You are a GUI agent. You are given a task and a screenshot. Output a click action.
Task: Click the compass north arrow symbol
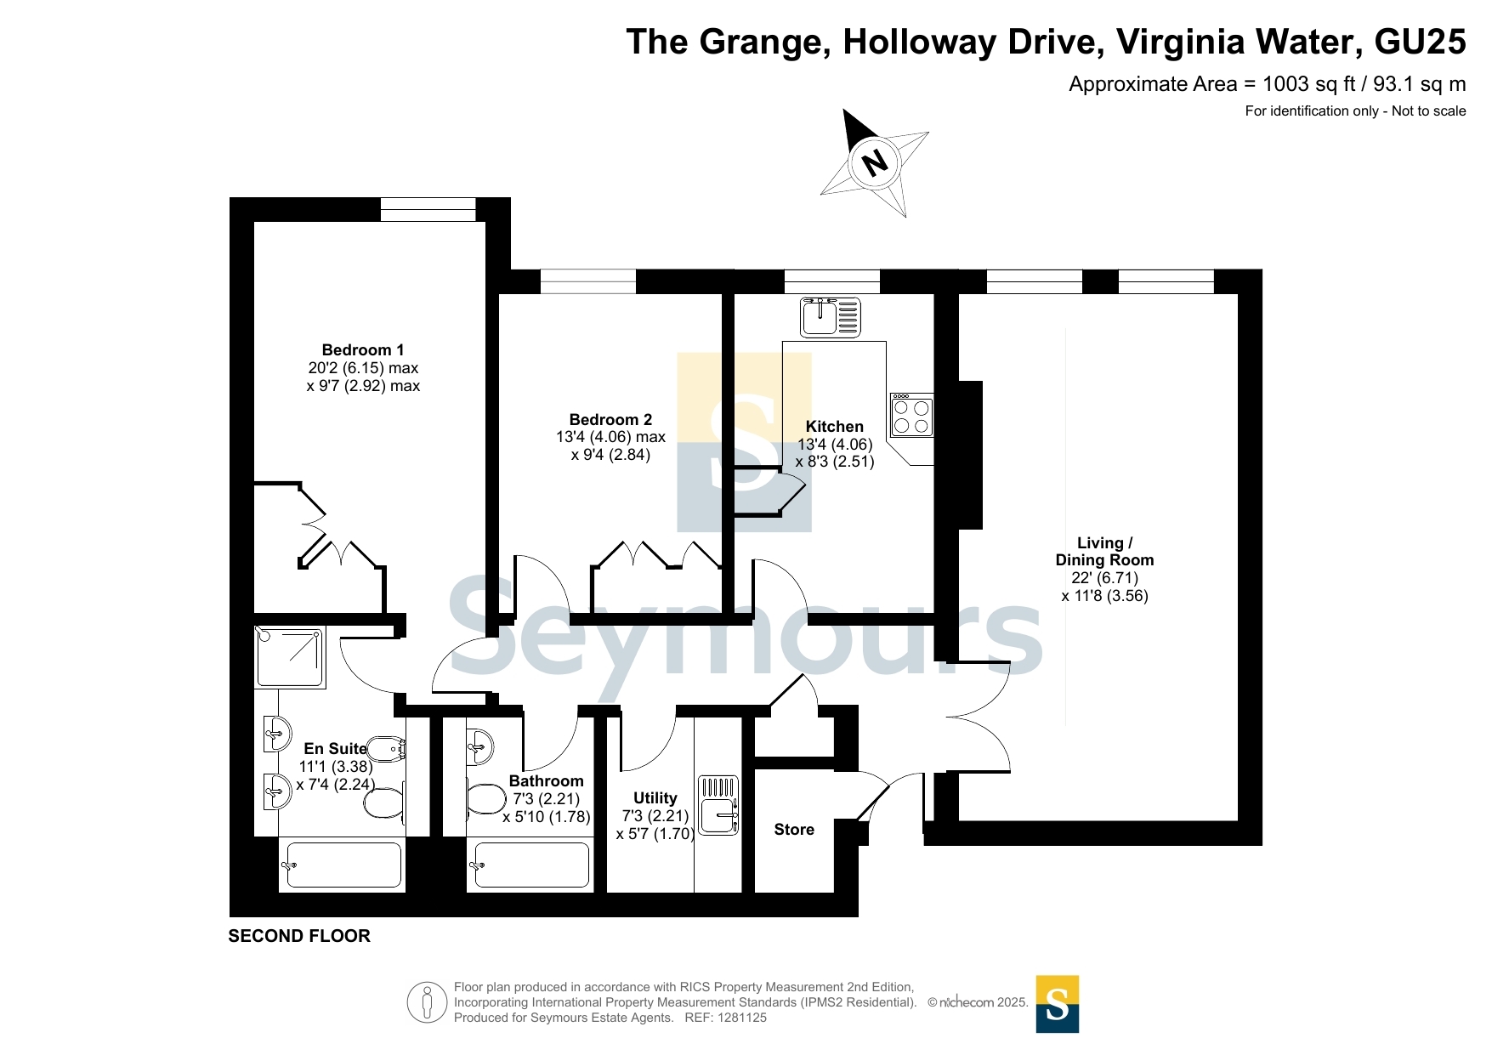(875, 162)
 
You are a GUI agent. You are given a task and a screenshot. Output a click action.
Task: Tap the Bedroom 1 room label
(363, 350)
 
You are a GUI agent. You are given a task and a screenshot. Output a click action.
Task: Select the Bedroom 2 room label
(610, 420)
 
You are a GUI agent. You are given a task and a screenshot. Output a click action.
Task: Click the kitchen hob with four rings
(911, 415)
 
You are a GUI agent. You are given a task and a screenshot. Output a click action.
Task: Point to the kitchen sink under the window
(831, 317)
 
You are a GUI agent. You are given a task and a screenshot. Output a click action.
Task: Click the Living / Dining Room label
(1104, 552)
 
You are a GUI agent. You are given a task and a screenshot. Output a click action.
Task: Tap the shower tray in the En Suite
(290, 657)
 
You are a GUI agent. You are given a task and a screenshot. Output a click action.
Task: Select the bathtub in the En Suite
(343, 865)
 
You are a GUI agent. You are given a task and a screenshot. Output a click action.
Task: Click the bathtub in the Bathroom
(530, 865)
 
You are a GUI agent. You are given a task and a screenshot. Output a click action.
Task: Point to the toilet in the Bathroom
(486, 799)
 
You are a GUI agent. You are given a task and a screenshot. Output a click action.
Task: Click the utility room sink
(718, 804)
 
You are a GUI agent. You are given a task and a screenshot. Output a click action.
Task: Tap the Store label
(794, 830)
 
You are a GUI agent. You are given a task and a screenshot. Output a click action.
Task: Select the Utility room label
(655, 798)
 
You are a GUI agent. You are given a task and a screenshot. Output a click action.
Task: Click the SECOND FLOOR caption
(299, 936)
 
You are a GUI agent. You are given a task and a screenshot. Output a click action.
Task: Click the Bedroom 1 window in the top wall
(428, 209)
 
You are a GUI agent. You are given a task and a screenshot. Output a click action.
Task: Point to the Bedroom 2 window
(588, 281)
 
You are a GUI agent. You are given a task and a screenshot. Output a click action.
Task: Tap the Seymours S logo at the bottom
(1058, 1004)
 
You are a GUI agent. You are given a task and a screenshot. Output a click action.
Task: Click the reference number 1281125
(742, 1018)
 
